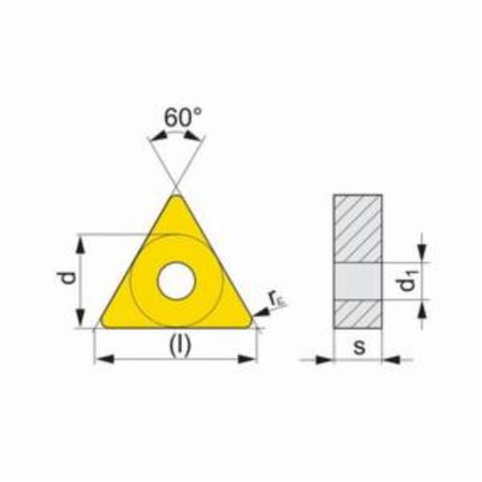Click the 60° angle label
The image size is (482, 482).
[x=183, y=117]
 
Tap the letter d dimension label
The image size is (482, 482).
[x=67, y=278]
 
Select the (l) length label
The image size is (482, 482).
[x=180, y=345]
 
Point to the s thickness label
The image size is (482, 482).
[x=360, y=347]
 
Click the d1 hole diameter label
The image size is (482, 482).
[x=408, y=281]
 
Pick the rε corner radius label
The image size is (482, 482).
[x=277, y=300]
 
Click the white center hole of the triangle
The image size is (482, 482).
[x=176, y=281]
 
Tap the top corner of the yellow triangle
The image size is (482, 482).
[x=176, y=195]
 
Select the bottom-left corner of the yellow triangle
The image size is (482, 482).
[x=102, y=324]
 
